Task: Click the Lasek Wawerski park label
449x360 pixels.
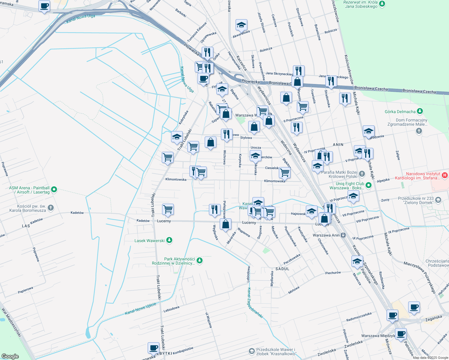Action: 149,241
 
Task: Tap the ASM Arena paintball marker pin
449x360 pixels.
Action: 54,189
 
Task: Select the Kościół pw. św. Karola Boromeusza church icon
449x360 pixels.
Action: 51,208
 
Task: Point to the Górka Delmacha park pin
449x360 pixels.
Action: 420,111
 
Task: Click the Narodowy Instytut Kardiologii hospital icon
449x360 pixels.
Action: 445,175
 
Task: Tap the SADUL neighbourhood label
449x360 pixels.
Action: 282,269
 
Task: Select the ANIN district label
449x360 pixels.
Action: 338,145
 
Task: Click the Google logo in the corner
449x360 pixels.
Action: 10,356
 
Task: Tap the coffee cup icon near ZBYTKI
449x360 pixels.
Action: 153,348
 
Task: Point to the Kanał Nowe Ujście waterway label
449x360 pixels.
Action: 140,309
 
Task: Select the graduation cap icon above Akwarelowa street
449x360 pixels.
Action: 241,25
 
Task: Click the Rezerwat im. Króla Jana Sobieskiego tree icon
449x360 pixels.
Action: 382,4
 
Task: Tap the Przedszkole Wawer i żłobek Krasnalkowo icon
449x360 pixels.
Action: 252,351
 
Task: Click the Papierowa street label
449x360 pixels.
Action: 25,290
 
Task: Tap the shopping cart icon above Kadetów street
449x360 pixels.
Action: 168,209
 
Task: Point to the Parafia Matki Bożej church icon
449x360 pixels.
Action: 362,174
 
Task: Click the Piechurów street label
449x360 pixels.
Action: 333,273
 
